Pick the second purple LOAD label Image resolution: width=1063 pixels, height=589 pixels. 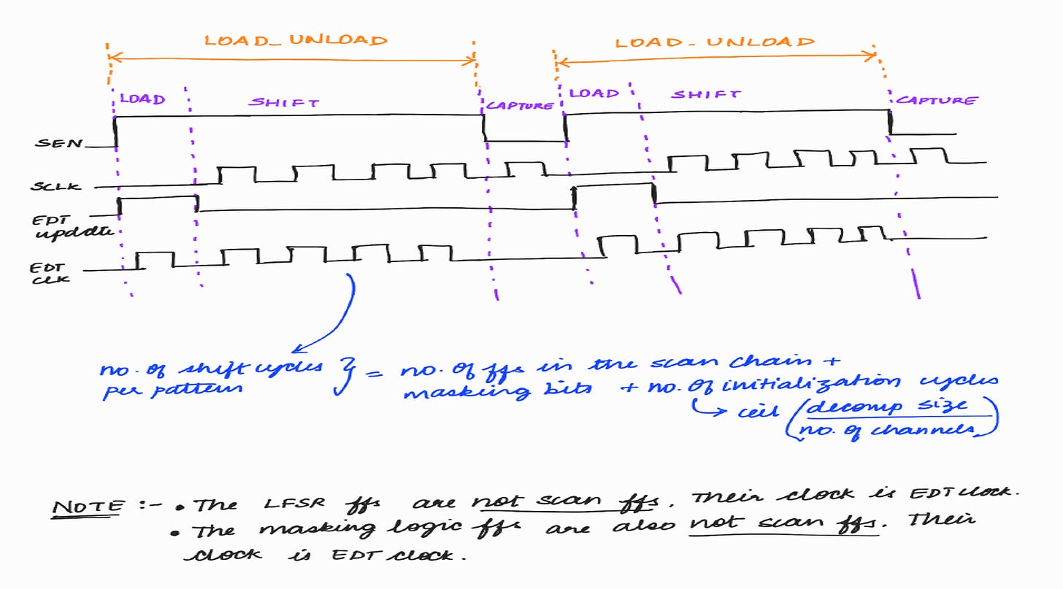pos(594,93)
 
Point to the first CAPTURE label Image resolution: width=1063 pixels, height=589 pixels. pos(520,105)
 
